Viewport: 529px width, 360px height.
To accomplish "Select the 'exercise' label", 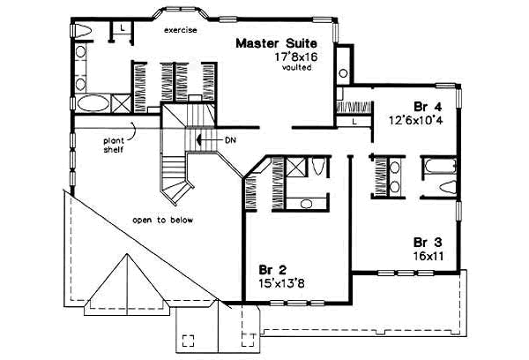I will pyautogui.click(x=180, y=30).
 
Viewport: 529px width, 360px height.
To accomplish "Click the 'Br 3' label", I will pyautogui.click(x=428, y=241).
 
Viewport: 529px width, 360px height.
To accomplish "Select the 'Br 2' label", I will pyautogui.click(x=272, y=269).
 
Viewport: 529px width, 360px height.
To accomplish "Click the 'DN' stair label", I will pyautogui.click(x=229, y=139).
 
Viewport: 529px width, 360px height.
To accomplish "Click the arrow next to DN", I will pyautogui.click(x=205, y=139).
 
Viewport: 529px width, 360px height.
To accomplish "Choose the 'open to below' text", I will pyautogui.click(x=163, y=219).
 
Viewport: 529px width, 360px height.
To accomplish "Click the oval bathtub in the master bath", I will pyautogui.click(x=93, y=104).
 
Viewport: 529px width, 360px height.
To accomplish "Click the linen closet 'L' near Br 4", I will pyautogui.click(x=354, y=121).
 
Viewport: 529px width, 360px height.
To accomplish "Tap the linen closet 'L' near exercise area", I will pyautogui.click(x=120, y=29).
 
